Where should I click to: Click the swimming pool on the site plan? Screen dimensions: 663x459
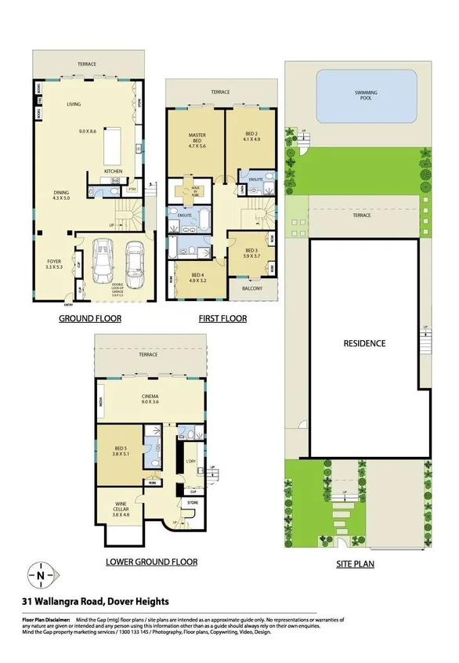364,96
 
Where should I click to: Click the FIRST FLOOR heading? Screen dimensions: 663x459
222,319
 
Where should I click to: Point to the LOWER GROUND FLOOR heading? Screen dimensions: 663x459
151,562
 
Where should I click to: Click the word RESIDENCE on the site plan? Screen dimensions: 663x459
364,343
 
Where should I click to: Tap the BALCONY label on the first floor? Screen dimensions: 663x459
251,288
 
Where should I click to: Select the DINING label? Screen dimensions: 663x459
60,194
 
